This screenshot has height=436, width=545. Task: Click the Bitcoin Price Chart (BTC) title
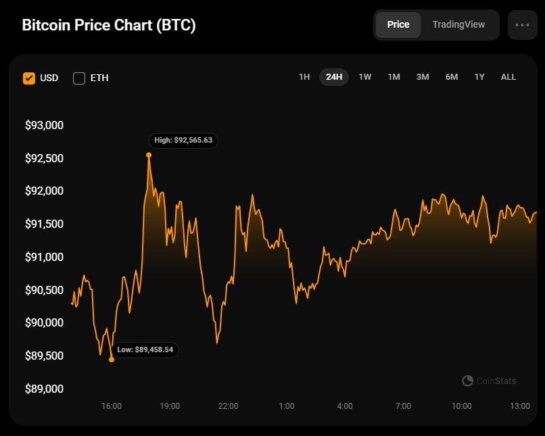click(109, 26)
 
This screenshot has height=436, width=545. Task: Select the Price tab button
click(398, 24)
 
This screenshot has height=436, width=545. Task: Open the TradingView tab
click(458, 24)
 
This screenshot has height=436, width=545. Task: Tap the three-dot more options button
click(522, 25)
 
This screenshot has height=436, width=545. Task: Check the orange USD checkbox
click(29, 78)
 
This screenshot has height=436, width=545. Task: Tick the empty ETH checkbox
click(79, 78)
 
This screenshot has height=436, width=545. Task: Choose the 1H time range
click(304, 77)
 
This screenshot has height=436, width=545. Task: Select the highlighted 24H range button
click(334, 77)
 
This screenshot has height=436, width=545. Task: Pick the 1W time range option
click(365, 77)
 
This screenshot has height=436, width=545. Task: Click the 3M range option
click(423, 77)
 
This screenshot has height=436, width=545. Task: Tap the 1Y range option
click(479, 77)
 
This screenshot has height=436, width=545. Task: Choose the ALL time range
click(508, 77)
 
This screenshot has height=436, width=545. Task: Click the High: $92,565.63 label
click(183, 141)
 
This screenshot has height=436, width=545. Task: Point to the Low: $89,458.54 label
click(145, 349)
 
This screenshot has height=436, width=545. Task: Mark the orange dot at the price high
click(149, 155)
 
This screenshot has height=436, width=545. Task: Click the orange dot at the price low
click(112, 359)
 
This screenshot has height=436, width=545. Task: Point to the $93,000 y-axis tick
click(44, 125)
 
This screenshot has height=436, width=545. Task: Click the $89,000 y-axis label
click(44, 389)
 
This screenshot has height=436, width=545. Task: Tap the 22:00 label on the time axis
click(228, 406)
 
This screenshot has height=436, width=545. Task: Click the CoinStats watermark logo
click(467, 381)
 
